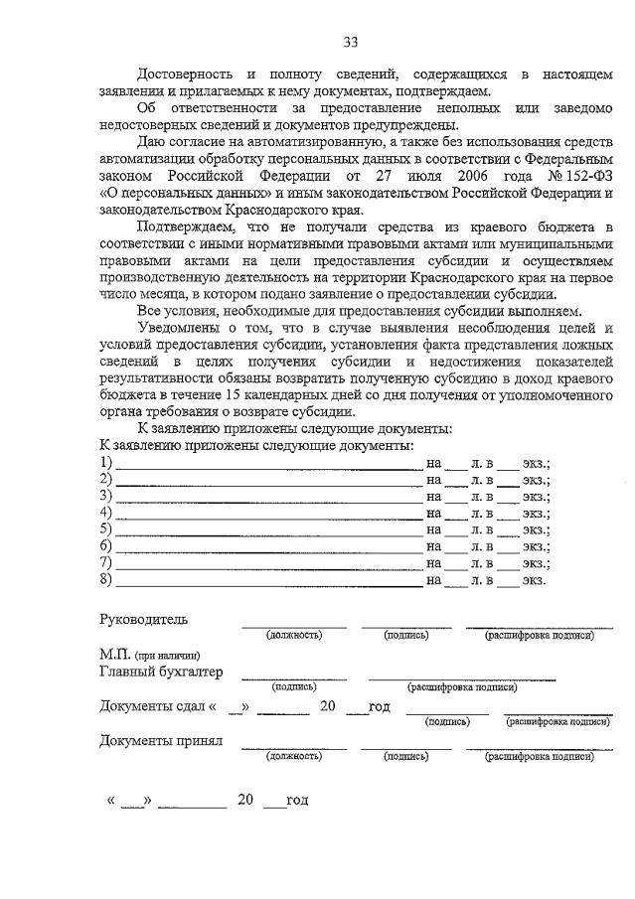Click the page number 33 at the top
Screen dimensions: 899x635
[350, 42]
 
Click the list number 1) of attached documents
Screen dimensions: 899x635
[106, 462]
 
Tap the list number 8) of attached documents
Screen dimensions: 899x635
[106, 579]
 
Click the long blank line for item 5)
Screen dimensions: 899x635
[268, 529]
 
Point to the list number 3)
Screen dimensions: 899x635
[106, 496]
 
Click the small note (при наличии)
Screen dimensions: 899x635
[173, 656]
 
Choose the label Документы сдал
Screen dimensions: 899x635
[153, 707]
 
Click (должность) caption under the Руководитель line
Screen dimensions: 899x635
[293, 636]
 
